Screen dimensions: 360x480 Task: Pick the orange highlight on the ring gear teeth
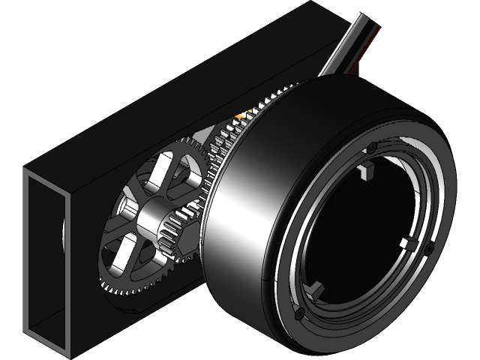point(240,116)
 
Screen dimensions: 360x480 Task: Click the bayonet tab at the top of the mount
point(366,173)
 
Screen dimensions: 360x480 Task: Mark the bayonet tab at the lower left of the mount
point(316,287)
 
